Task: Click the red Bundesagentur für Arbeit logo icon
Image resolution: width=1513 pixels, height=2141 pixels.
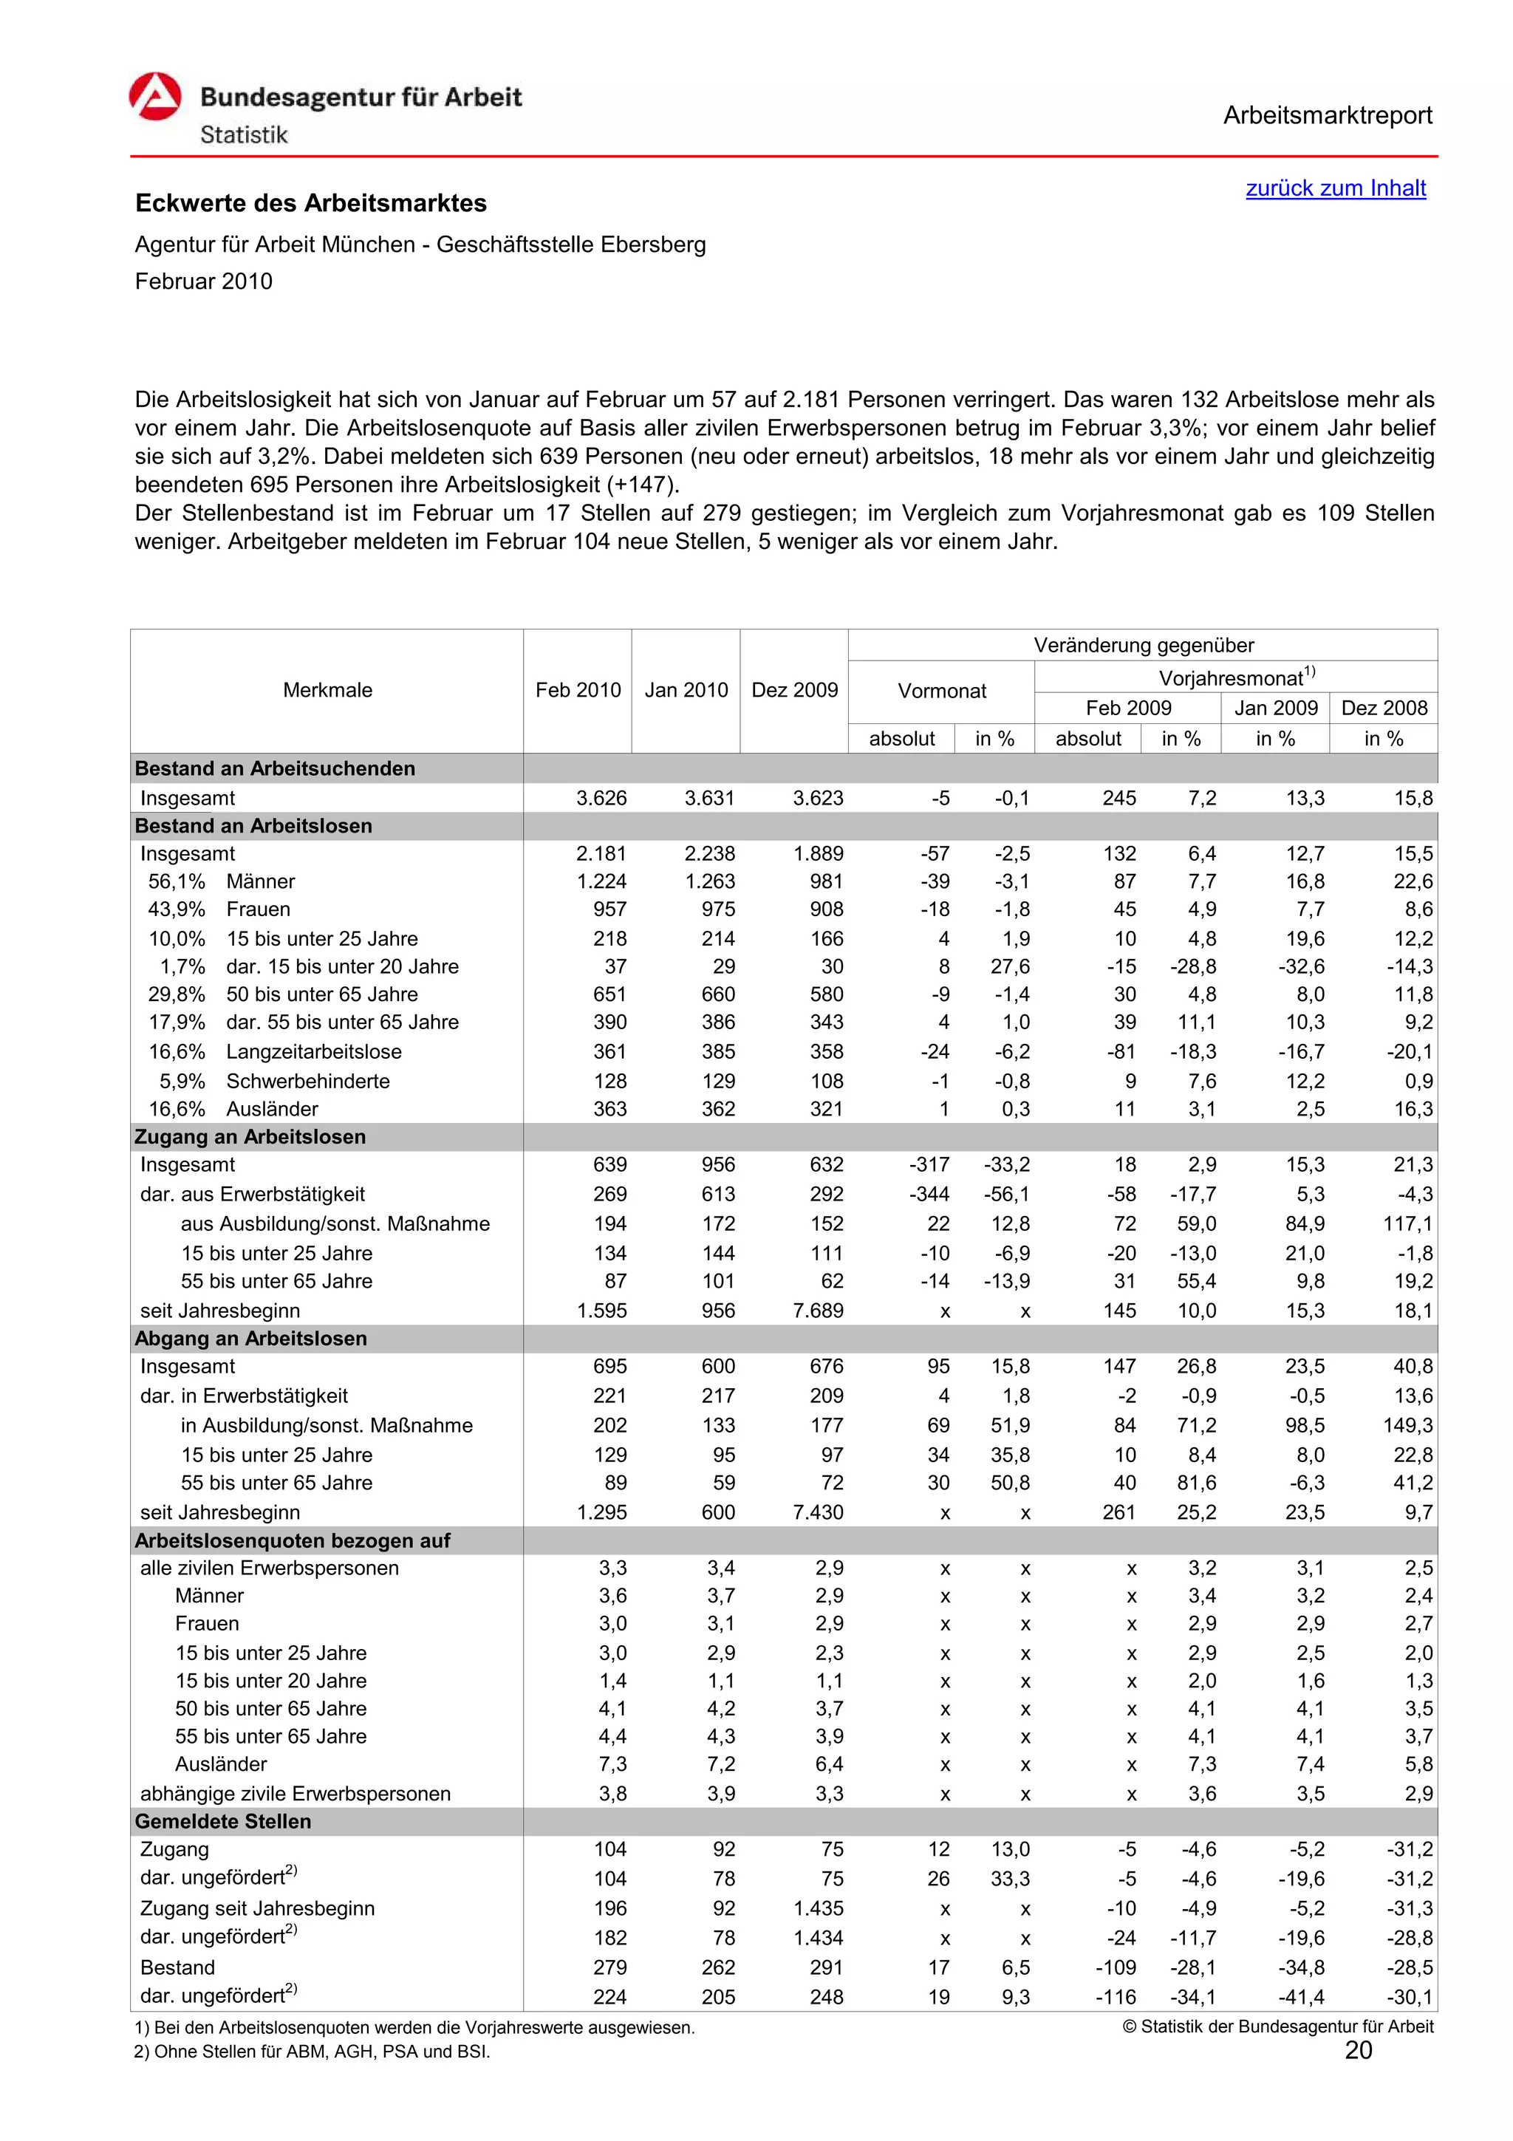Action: (x=154, y=98)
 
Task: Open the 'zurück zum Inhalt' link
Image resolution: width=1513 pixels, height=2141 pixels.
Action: (x=1335, y=188)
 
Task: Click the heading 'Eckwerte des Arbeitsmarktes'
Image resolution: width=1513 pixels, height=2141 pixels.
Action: (x=310, y=203)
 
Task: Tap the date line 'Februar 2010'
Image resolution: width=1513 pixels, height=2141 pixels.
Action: (x=203, y=281)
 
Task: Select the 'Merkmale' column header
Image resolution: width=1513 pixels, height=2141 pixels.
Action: (x=327, y=690)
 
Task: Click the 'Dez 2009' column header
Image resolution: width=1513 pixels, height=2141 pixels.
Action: (x=794, y=690)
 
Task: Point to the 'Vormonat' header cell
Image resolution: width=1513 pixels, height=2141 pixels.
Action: (x=940, y=691)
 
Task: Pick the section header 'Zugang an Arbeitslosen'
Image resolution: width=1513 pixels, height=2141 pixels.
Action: (x=250, y=1137)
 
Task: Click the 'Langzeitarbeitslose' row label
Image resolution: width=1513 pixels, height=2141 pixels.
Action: (x=313, y=1052)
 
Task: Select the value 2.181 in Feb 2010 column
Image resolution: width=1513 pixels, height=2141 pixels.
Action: (x=601, y=854)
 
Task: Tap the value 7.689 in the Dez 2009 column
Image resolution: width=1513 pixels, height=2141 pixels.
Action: (x=818, y=1311)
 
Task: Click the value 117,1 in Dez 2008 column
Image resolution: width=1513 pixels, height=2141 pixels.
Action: (x=1407, y=1224)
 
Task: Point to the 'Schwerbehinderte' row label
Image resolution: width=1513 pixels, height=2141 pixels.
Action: (x=307, y=1082)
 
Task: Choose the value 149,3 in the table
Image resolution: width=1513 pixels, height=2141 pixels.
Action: (x=1407, y=1426)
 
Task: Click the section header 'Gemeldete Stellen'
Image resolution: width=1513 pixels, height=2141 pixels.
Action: (x=223, y=1821)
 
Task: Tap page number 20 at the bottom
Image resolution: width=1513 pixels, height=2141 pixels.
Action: (x=1359, y=2051)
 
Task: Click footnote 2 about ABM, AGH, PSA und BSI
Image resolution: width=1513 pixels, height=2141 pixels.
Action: (x=312, y=2052)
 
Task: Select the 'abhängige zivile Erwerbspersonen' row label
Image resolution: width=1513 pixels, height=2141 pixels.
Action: (x=295, y=1794)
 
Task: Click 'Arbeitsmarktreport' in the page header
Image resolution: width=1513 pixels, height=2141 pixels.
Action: (x=1327, y=116)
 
